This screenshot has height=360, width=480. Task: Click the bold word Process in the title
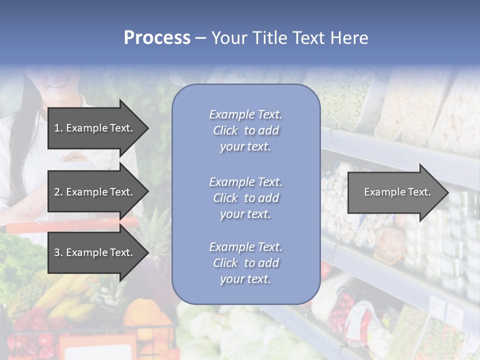pos(157,38)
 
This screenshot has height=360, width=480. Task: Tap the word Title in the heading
pos(268,38)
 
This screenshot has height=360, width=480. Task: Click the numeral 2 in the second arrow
pos(56,192)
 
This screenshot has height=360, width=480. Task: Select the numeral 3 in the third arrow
pos(56,252)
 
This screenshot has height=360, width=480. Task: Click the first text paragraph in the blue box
pos(245,130)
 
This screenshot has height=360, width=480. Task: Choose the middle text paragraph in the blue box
pos(245,198)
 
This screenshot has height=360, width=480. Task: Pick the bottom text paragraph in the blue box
pos(245,263)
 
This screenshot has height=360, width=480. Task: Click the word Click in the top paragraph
pos(225,130)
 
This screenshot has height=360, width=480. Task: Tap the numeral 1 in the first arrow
pos(56,128)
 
